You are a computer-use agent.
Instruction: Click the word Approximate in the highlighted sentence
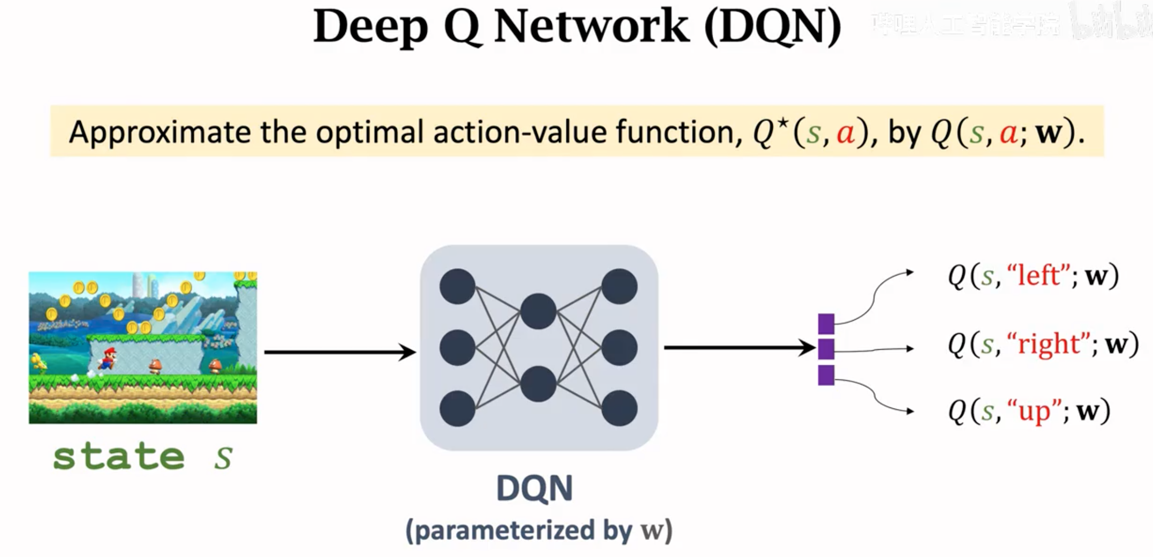click(159, 132)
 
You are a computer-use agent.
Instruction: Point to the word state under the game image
click(119, 457)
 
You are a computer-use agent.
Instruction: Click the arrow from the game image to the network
click(339, 352)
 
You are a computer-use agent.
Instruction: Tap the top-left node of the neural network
click(457, 287)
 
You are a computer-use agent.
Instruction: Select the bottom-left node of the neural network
click(457, 408)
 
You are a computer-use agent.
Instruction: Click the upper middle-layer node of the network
click(538, 312)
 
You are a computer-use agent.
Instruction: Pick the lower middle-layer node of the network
click(538, 384)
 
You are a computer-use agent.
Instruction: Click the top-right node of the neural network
click(620, 287)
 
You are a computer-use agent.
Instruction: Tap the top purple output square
click(826, 324)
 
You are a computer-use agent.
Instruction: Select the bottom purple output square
click(826, 375)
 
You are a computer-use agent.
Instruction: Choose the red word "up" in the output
click(1034, 411)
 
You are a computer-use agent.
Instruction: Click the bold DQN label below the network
click(534, 488)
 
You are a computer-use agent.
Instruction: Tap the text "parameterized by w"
click(539, 530)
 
